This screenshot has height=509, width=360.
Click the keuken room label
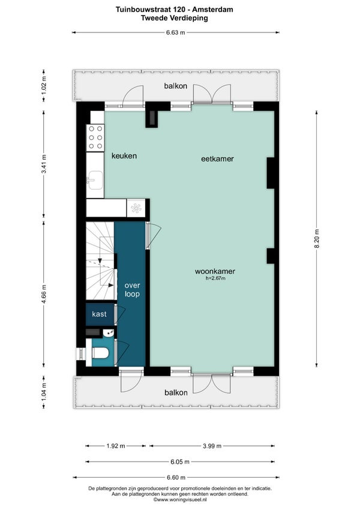pyautogui.click(x=124, y=156)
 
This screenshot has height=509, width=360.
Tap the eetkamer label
pyautogui.click(x=217, y=158)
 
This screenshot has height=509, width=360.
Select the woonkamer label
pyautogui.click(x=215, y=271)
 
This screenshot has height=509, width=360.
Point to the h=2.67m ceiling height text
pyautogui.click(x=215, y=278)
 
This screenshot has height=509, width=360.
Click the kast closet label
pyautogui.click(x=99, y=314)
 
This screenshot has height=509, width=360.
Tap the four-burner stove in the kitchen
pyautogui.click(x=95, y=137)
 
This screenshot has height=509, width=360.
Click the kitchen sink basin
pyautogui.click(x=95, y=180)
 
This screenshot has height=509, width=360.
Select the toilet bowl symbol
pyautogui.click(x=100, y=353)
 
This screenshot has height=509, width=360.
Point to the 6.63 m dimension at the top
pyautogui.click(x=176, y=32)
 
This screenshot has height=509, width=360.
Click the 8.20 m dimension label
pyautogui.click(x=317, y=239)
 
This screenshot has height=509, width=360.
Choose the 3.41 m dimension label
pyautogui.click(x=44, y=164)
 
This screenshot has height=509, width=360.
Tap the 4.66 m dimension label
pyautogui.click(x=44, y=294)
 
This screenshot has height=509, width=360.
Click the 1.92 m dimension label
pyautogui.click(x=116, y=446)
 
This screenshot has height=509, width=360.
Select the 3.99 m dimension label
pyautogui.click(x=212, y=446)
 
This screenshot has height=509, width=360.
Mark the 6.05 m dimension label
pyautogui.click(x=180, y=462)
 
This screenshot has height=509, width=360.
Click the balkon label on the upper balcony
pyautogui.click(x=176, y=86)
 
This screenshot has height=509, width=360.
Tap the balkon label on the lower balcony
pyautogui.click(x=176, y=393)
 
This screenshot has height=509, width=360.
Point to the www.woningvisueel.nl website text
pyautogui.click(x=180, y=500)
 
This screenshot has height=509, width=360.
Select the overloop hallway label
pyautogui.click(x=132, y=290)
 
